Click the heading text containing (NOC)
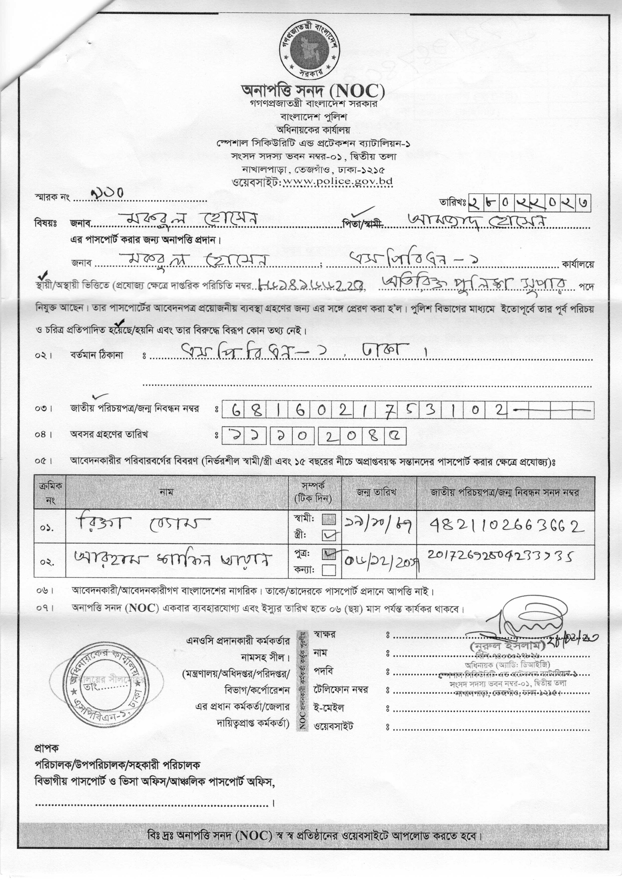(313, 91)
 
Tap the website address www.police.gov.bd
(337, 181)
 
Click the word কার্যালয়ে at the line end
(578, 265)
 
